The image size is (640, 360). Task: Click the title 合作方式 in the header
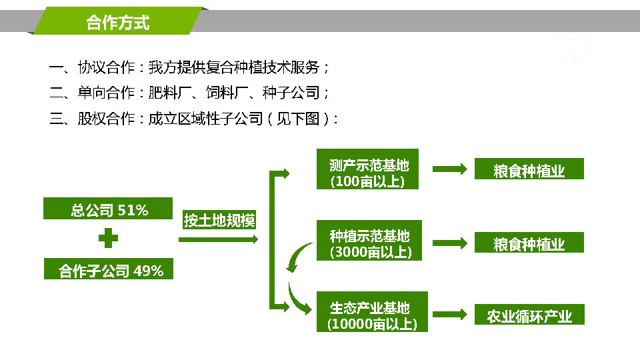click(x=117, y=23)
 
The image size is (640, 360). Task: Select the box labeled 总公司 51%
click(x=108, y=209)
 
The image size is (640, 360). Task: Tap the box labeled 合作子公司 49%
click(x=109, y=269)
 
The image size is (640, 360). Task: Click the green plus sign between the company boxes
click(x=108, y=238)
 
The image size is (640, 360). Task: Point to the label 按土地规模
click(x=219, y=221)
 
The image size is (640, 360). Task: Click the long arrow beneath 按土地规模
click(x=219, y=239)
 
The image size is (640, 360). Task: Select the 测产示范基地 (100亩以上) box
click(x=368, y=169)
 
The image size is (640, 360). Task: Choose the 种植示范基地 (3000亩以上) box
click(x=369, y=241)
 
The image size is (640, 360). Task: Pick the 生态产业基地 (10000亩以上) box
click(x=372, y=312)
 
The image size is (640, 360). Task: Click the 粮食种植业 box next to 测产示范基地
click(x=529, y=169)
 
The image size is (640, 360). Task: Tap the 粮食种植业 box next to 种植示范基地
click(x=529, y=243)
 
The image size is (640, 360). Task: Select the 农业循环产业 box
click(x=529, y=314)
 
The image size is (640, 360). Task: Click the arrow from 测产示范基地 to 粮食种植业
click(x=450, y=169)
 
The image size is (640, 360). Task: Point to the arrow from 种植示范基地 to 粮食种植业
click(x=450, y=243)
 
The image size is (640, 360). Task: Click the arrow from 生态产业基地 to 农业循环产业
click(x=450, y=314)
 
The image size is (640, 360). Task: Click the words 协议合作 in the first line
click(x=106, y=67)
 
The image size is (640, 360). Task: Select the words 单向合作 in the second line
click(x=106, y=93)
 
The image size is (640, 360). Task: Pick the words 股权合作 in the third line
click(x=106, y=119)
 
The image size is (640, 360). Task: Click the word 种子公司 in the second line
click(x=291, y=93)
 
